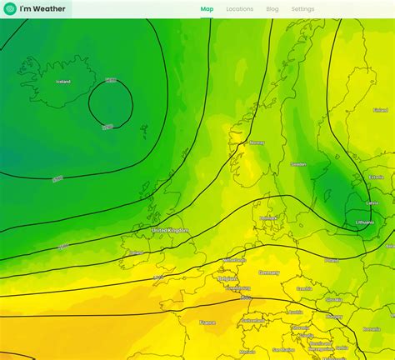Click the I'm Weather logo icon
[10, 9]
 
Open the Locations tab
[239, 9]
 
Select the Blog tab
[272, 9]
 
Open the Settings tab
[302, 9]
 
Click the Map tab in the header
[207, 9]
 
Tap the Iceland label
[63, 82]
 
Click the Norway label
[257, 142]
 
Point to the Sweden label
[298, 165]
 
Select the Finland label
[380, 110]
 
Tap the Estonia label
[376, 177]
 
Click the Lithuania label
[364, 222]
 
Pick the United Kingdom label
[170, 230]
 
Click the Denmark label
[267, 218]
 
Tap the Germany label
[269, 272]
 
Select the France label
[207, 322]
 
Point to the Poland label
[332, 260]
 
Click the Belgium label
[228, 279]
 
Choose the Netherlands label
[235, 260]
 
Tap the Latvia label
[372, 202]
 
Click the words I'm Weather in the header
[43, 9]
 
